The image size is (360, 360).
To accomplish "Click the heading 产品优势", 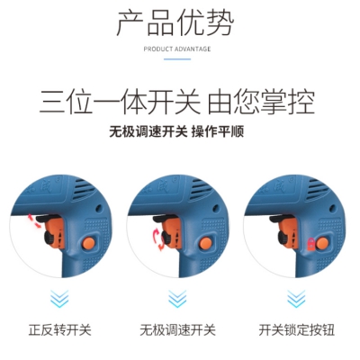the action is click(175, 23).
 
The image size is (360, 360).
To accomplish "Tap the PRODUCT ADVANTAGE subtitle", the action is click(177, 49).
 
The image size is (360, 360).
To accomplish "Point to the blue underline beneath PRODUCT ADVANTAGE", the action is click(177, 59).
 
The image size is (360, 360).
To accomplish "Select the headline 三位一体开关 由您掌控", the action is click(177, 102).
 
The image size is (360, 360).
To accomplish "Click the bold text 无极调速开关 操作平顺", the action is click(176, 131).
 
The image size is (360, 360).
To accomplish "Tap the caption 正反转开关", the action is click(60, 330).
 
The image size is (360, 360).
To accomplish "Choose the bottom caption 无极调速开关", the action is click(177, 330).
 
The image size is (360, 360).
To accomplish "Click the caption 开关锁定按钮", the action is click(296, 330).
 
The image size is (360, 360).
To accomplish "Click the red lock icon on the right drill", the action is click(312, 244).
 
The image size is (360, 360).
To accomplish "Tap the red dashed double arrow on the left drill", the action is click(34, 220).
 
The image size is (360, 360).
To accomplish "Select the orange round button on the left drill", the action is click(89, 243).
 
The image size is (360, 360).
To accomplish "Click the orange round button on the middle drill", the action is click(206, 243).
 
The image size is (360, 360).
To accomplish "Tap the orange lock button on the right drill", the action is click(323, 243).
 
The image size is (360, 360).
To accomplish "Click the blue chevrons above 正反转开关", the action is click(59, 299).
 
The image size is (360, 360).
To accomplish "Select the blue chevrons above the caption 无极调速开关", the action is click(177, 299).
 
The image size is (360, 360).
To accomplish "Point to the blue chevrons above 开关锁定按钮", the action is click(296, 299).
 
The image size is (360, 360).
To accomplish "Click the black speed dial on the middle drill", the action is click(166, 239).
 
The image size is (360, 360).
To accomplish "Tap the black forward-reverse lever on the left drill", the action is click(45, 218).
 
